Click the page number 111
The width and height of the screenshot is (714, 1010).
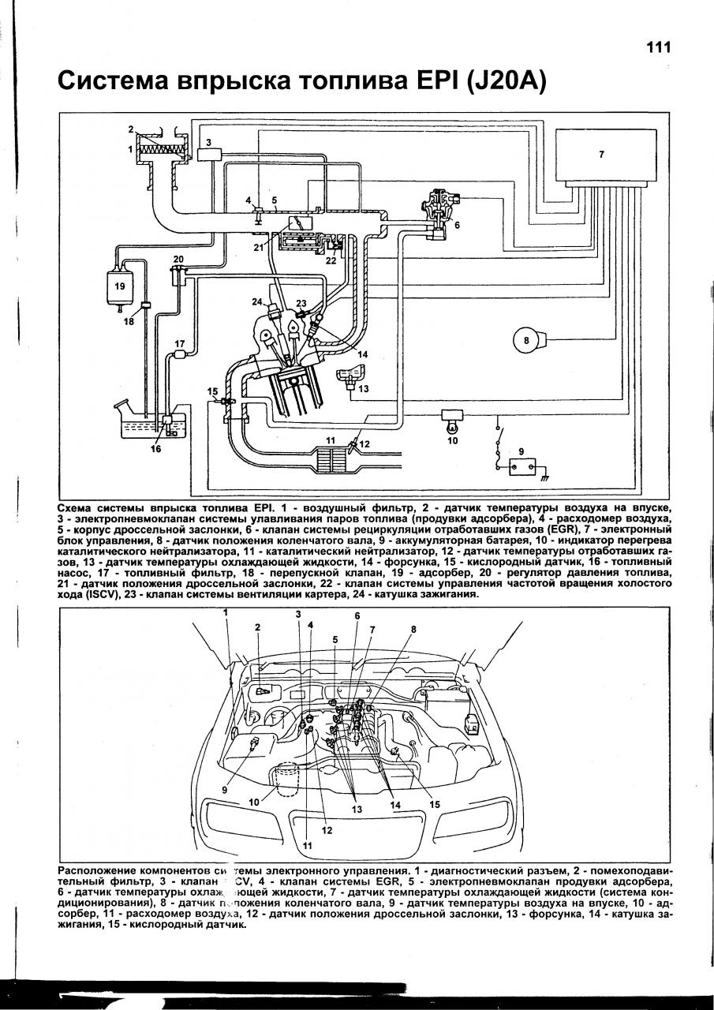658,47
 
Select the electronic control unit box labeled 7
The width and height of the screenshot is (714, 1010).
605,156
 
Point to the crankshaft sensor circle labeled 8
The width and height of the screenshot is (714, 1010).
526,341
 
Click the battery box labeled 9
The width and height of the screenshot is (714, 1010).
521,466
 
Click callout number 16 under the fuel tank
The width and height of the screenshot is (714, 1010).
155,449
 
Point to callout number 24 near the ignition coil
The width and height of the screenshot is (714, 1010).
257,301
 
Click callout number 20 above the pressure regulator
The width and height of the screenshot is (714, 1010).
179,259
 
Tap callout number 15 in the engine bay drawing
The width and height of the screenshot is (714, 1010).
435,804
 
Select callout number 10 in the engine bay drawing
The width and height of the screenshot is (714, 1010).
253,802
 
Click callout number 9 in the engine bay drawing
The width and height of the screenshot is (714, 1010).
225,789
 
